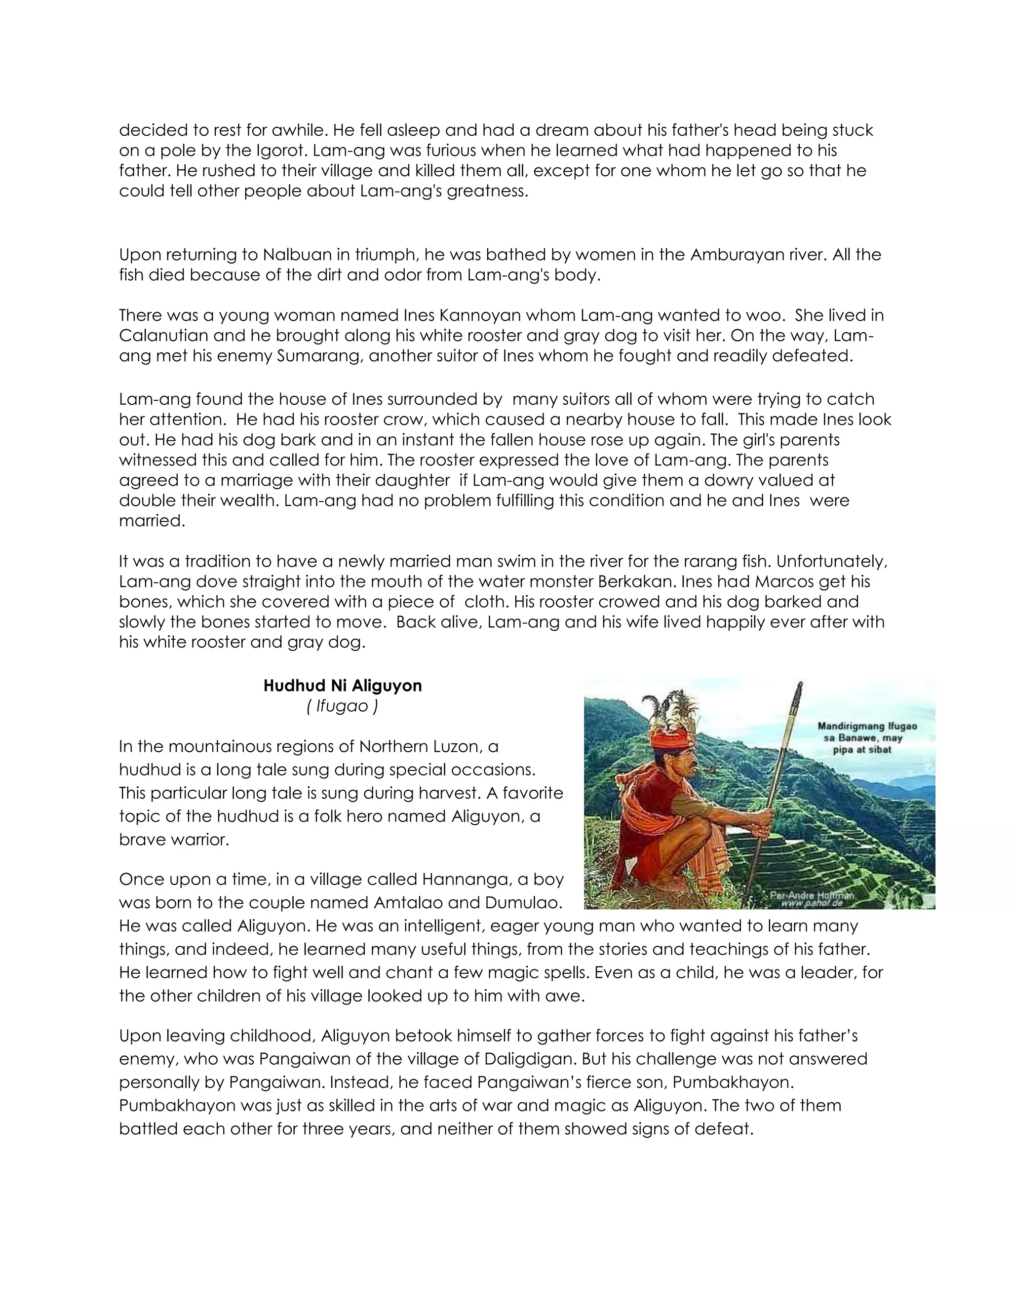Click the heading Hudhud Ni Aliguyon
[343, 686]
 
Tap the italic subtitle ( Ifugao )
[342, 706]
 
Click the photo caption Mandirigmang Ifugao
[867, 727]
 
